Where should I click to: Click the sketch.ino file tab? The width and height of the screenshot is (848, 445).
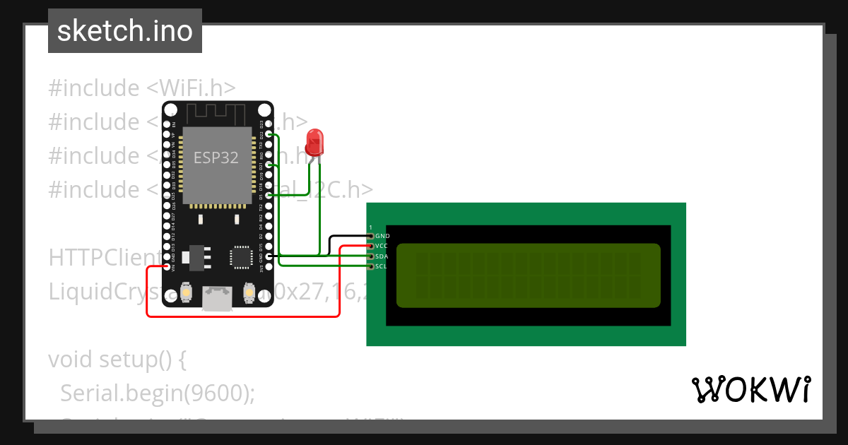[x=124, y=31]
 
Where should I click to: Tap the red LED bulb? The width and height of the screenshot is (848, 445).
[x=314, y=141]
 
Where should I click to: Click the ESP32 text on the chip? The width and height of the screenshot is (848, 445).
[x=217, y=158]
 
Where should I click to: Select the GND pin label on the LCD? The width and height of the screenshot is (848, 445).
[x=382, y=236]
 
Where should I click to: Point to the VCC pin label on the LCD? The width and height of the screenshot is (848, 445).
[x=382, y=246]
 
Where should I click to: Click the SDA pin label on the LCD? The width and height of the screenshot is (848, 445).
[x=382, y=256]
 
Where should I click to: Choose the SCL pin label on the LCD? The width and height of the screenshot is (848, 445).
[x=382, y=267]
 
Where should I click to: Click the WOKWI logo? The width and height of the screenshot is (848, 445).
[x=750, y=389]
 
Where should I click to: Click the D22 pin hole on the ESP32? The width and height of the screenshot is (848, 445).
[x=269, y=133]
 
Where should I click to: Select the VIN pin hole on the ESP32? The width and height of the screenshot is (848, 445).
[x=167, y=267]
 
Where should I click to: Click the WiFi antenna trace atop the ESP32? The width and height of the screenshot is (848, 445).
[x=216, y=112]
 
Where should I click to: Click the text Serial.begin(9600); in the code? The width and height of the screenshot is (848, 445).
[x=157, y=393]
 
